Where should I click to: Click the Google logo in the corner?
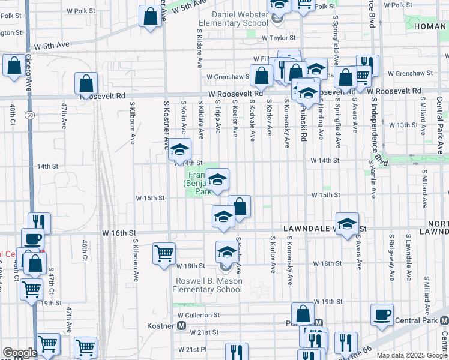[x=19, y=353]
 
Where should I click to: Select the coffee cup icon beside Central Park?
[x=382, y=314]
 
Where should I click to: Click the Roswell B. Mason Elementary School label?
[x=208, y=285]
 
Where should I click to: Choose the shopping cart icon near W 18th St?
[x=164, y=253]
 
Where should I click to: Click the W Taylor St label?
[x=288, y=37]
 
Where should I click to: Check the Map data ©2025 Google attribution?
[x=411, y=355]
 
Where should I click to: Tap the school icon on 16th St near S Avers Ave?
[x=347, y=224]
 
